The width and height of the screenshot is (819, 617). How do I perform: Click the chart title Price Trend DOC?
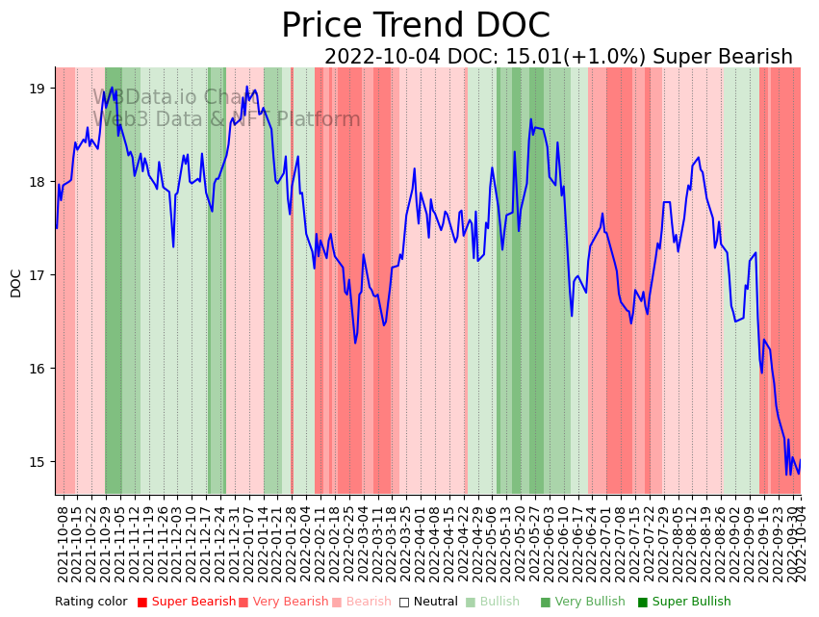coord(415,26)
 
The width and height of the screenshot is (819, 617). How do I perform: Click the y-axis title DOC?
coord(16,282)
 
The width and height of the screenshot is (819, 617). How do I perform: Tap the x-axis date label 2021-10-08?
coord(64,544)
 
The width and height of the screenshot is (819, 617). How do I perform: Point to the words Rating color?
coord(90,603)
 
